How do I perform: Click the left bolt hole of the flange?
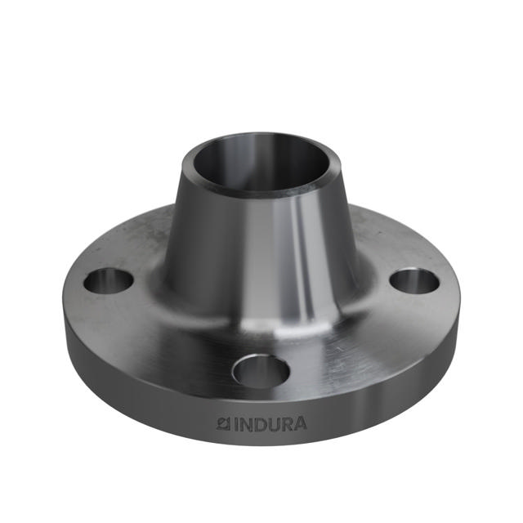coord(108,281)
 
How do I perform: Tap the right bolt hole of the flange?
coord(414,281)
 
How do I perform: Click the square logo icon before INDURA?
coord(221,423)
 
